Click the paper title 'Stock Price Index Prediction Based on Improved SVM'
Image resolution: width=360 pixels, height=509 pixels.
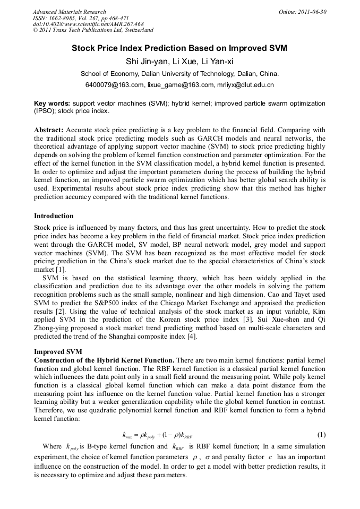[179, 48]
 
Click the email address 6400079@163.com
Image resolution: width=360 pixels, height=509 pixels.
[114, 85]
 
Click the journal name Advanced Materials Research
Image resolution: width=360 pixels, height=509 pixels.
[69, 12]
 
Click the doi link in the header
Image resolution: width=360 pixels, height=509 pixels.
[88, 24]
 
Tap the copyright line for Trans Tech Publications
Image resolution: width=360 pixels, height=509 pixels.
[93, 30]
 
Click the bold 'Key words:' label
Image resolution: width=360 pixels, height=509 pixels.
[52, 103]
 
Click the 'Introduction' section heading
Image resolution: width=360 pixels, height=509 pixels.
[54, 216]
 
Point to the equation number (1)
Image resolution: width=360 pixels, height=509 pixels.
[321, 434]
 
